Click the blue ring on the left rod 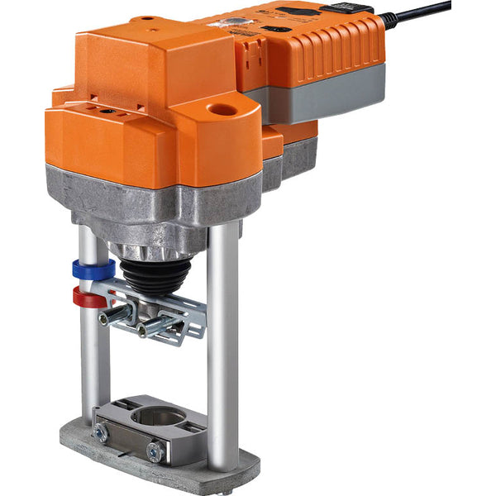(92, 269)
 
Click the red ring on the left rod (89, 297)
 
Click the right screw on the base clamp (154, 451)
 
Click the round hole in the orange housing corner (221, 109)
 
